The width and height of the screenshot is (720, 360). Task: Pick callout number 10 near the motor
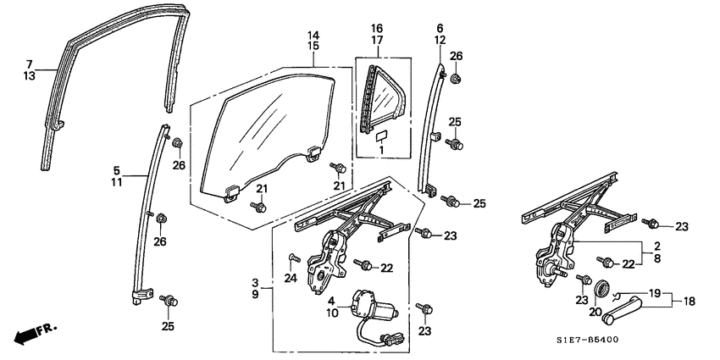pos(333,313)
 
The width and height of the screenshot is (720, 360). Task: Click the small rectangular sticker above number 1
pos(381,135)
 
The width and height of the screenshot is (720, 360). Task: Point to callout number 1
pos(381,150)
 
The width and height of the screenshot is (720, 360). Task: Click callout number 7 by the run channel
pos(29,64)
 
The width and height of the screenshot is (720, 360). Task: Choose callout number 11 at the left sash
pos(117,181)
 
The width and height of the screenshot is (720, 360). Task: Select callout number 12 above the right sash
pos(440,40)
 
